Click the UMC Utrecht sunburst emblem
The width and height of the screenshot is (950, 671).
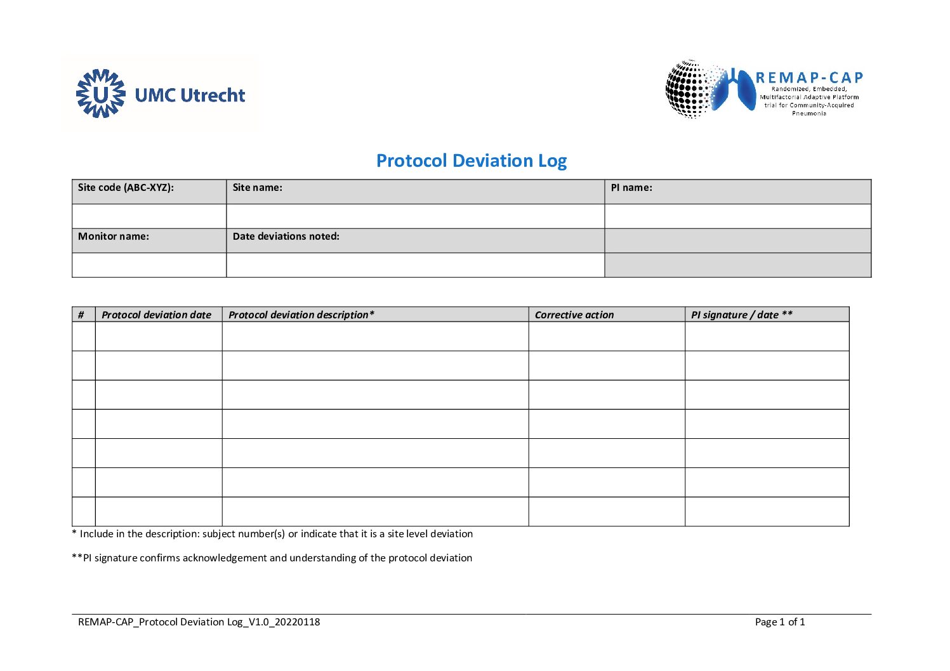(x=100, y=94)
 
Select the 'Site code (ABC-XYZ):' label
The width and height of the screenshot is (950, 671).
(x=126, y=188)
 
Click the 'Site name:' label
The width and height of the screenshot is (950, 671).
(x=257, y=188)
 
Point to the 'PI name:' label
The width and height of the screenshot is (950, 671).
(x=631, y=188)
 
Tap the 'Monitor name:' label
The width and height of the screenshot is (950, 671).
(x=114, y=237)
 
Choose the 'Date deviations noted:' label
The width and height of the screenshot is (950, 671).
(x=286, y=237)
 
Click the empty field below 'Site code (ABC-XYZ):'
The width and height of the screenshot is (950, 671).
(x=149, y=216)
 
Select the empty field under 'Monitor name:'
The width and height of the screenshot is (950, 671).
(x=149, y=265)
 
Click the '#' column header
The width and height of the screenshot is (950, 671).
(x=81, y=315)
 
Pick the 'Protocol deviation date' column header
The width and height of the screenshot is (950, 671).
(x=156, y=315)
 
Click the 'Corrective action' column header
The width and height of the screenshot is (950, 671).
(x=574, y=315)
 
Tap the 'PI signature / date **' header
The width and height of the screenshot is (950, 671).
(x=741, y=315)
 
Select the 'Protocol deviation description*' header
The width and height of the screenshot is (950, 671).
(x=301, y=315)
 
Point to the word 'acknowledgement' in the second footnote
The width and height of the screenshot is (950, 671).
(x=225, y=558)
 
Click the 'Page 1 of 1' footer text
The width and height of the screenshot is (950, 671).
(x=780, y=622)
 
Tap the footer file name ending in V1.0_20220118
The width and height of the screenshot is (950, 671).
(x=199, y=622)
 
